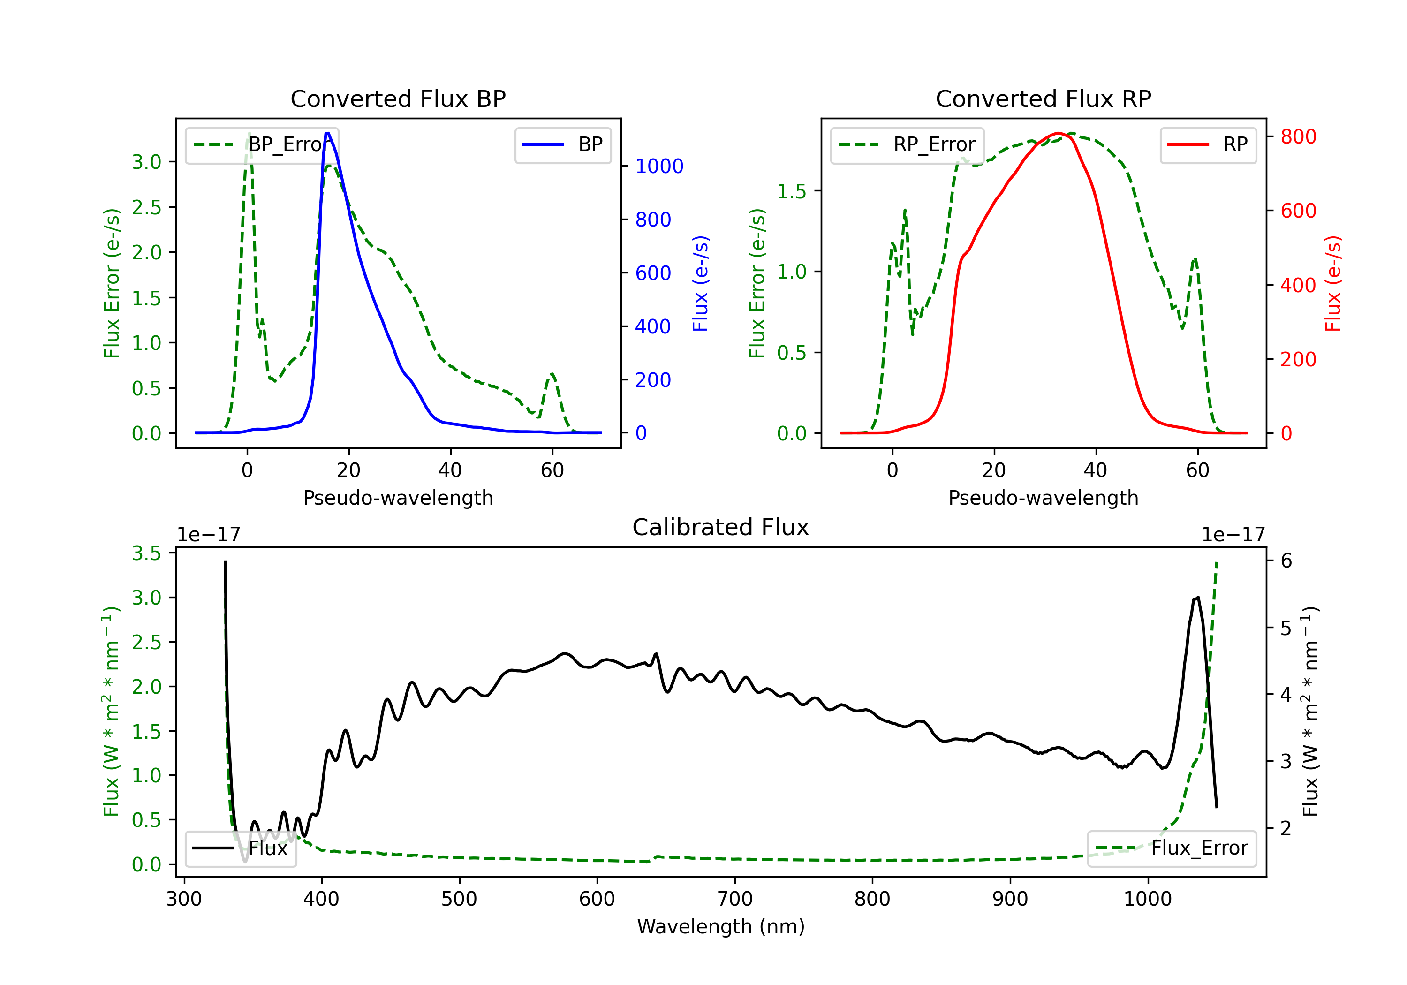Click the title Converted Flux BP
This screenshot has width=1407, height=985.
(398, 98)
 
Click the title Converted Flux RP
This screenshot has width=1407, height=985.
(1044, 98)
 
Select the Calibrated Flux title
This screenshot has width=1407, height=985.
(721, 527)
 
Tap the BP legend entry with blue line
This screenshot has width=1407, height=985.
(562, 144)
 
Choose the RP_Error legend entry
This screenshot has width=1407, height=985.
(907, 144)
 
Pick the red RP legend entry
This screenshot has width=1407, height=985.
(1208, 144)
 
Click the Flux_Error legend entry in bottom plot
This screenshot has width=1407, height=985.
(1172, 849)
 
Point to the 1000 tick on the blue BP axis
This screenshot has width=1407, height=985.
(659, 166)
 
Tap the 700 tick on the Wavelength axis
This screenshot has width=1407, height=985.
(735, 899)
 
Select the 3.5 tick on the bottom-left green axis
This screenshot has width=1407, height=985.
(146, 553)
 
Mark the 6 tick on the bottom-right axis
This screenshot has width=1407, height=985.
(1286, 561)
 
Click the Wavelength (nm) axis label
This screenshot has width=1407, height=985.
(721, 926)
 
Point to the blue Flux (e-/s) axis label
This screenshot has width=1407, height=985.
(700, 283)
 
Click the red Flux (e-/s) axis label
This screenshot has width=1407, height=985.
(1333, 283)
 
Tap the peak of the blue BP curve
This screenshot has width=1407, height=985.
(328, 133)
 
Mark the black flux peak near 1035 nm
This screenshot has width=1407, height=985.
(1197, 597)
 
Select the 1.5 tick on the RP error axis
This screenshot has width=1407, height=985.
(792, 191)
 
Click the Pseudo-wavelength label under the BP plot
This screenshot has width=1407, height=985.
(398, 498)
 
